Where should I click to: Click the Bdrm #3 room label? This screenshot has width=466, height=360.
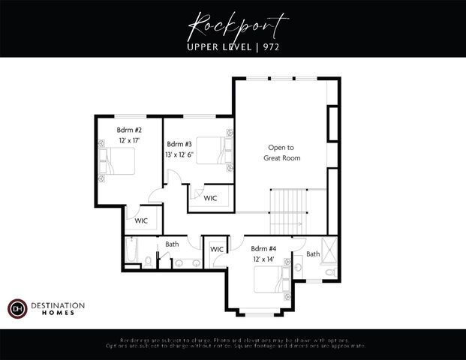(x=180, y=143)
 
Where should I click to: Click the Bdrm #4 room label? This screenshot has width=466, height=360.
(x=263, y=249)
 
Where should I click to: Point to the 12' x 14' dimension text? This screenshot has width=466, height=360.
(x=263, y=259)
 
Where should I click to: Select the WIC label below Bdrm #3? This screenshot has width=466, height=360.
(x=210, y=198)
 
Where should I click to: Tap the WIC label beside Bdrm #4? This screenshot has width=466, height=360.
(x=217, y=249)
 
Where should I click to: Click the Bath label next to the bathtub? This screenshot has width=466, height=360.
(x=172, y=244)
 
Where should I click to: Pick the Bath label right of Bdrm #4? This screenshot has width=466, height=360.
(x=312, y=254)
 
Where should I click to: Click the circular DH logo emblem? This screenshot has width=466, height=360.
(x=17, y=308)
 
